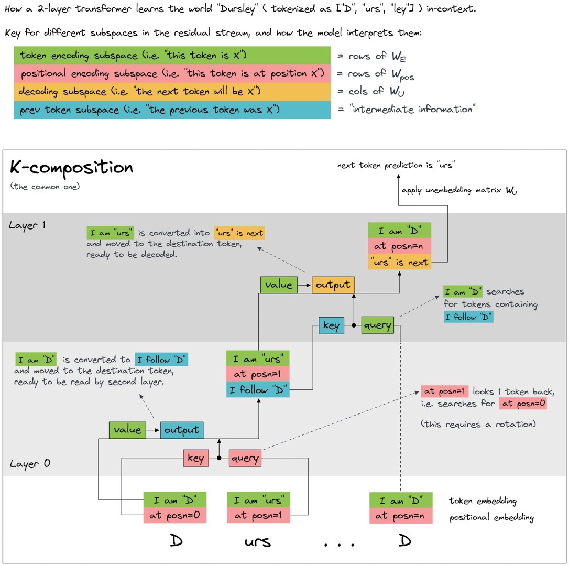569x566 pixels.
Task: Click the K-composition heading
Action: [x=71, y=168]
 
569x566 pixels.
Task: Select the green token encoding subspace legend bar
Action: [x=172, y=55]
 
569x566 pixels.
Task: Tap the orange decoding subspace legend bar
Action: [x=172, y=92]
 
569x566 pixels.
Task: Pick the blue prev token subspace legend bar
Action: [x=172, y=110]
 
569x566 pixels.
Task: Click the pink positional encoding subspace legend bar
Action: [x=172, y=73]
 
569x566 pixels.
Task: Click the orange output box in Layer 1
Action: [x=333, y=285]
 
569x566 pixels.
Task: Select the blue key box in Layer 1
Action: [x=331, y=325]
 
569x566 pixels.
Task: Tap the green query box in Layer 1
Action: [x=377, y=325]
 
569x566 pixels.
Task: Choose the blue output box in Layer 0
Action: [x=181, y=430]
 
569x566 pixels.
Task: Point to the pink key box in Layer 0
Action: [x=196, y=458]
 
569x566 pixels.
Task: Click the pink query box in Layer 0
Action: [x=245, y=458]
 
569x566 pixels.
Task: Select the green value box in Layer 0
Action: [x=127, y=430]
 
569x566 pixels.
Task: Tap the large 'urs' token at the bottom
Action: [x=258, y=542]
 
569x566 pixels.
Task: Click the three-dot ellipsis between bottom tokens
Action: [x=339, y=544]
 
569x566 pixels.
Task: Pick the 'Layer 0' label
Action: [x=30, y=464]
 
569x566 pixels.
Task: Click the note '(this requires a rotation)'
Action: [x=478, y=424]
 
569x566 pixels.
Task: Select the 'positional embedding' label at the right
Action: [x=491, y=517]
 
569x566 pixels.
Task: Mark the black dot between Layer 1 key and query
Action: [x=354, y=325]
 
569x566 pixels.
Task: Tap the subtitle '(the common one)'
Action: [x=45, y=187]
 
